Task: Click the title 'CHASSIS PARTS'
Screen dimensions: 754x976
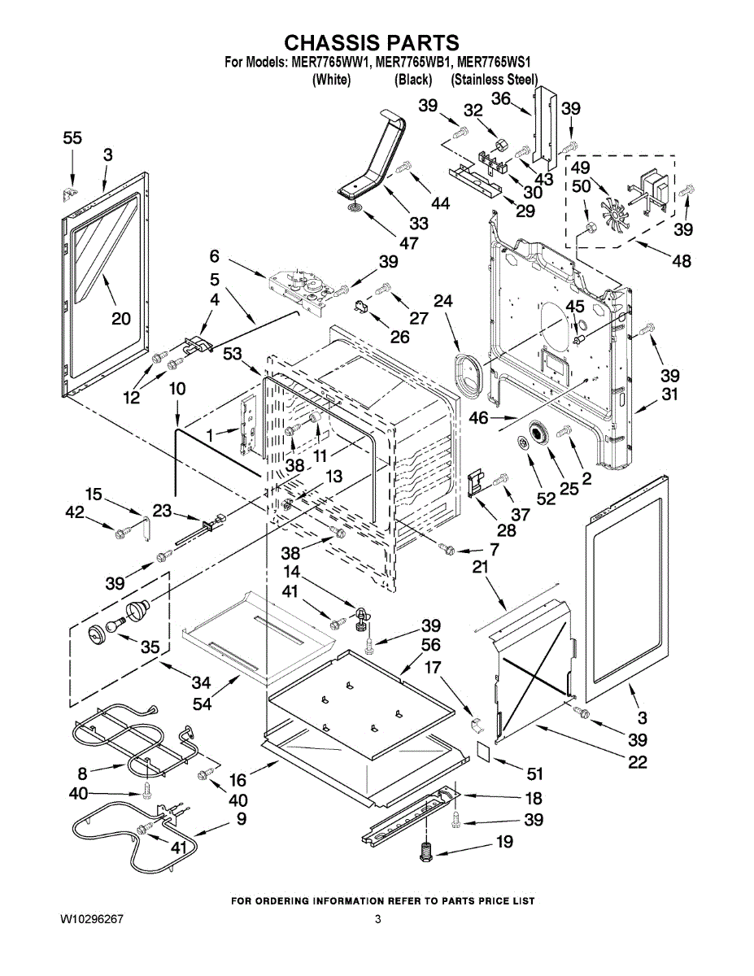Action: tap(372, 42)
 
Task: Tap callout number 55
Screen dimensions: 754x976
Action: tap(72, 138)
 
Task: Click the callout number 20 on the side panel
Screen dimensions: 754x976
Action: tap(121, 319)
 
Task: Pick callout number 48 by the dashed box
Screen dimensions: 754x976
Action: tap(682, 260)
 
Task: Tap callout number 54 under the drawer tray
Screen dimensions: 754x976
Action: tap(202, 704)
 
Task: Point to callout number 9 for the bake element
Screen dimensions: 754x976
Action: tap(242, 819)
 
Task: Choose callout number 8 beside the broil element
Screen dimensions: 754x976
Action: tap(82, 773)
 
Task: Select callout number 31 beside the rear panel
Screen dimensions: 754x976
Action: tap(669, 394)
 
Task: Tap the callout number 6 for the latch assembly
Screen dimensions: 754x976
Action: tap(215, 256)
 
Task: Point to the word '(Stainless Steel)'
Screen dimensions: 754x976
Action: tap(495, 80)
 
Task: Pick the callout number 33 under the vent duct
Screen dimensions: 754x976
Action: tap(419, 223)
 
